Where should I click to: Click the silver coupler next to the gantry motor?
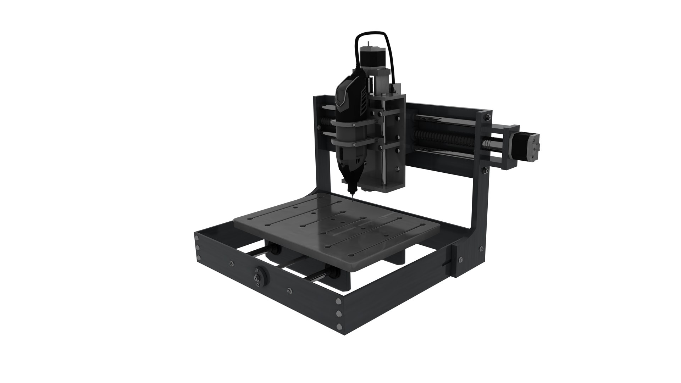coord(488,143)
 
